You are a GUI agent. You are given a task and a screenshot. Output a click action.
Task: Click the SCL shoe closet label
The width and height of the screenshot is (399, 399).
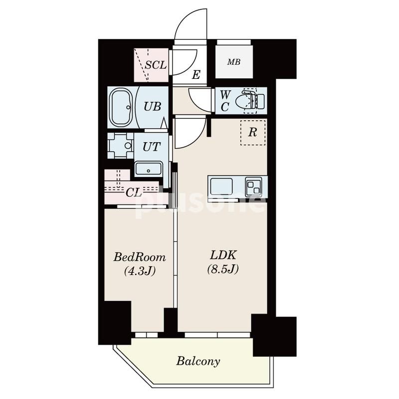[x=156, y=65]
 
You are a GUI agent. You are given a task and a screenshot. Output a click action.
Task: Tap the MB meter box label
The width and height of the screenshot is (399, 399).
[x=234, y=62]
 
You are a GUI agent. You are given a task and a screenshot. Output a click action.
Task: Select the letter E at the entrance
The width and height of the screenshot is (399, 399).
[x=196, y=75]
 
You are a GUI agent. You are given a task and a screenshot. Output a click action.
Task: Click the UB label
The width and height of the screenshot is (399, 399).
[x=152, y=106]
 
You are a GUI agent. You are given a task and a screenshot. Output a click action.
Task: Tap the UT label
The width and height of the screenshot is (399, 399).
[x=152, y=147]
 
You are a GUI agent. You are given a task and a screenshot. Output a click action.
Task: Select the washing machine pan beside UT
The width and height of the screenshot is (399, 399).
[x=120, y=146]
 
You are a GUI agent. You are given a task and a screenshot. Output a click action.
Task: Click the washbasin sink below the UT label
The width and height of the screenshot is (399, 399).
[x=148, y=169]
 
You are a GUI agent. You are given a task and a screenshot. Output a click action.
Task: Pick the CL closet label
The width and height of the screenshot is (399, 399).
[x=134, y=193]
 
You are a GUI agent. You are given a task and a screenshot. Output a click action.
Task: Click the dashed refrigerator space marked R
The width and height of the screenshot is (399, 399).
[x=253, y=133]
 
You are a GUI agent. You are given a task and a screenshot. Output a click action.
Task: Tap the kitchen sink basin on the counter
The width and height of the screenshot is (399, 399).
[x=221, y=187]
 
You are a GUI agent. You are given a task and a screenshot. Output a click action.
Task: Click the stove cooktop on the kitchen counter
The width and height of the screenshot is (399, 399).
[x=253, y=187]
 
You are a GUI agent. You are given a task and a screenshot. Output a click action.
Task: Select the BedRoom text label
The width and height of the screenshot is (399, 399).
[x=140, y=257]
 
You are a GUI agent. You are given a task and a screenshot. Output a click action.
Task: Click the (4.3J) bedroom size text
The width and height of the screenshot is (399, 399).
[x=140, y=271]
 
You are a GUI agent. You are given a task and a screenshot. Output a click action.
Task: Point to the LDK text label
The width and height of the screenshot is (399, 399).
[x=223, y=255]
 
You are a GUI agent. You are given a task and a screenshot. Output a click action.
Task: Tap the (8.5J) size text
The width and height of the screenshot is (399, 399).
[x=223, y=269]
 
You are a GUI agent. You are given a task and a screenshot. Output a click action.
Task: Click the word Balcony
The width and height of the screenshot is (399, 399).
[x=198, y=361]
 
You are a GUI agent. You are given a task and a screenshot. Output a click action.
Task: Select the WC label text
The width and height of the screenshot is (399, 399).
[x=225, y=101]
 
